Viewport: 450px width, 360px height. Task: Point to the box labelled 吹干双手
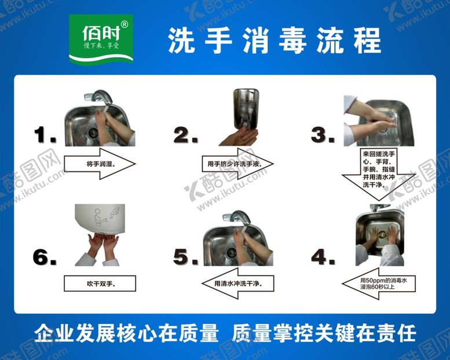[99, 283]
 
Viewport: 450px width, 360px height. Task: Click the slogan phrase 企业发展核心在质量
[127, 334]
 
